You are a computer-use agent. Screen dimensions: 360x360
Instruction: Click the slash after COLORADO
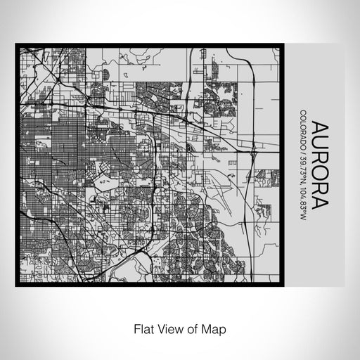point(302,156)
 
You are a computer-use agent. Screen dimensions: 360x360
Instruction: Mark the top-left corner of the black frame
point(17,45)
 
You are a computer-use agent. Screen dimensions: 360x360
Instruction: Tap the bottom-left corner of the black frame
point(17,285)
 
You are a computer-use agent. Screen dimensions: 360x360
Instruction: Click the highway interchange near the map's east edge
point(253,149)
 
